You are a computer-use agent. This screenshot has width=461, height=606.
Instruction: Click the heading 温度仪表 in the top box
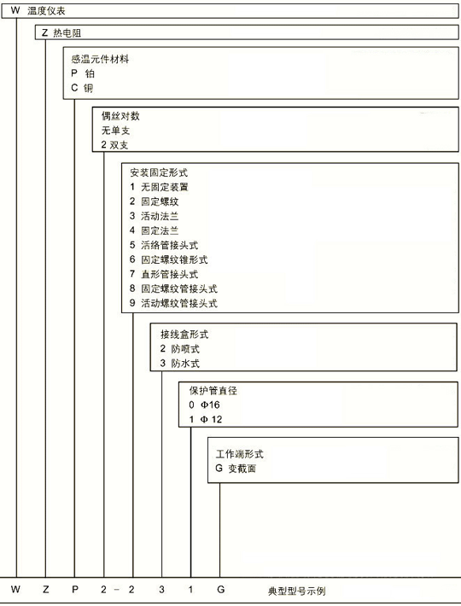46,11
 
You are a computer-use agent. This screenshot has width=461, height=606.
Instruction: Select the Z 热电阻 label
61,32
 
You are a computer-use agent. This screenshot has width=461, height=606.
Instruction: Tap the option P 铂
83,73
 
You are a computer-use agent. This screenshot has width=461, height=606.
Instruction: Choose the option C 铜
82,88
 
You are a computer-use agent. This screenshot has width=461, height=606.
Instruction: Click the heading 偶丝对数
120,116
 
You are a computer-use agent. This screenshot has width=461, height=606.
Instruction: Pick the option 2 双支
114,145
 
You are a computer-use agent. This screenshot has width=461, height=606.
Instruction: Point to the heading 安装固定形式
159,172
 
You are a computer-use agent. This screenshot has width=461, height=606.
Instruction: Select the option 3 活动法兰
155,216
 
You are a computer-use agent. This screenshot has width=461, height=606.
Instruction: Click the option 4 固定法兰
155,230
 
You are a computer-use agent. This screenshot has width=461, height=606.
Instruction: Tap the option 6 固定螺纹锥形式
168,259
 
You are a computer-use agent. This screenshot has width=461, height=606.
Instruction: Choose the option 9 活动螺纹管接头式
173,303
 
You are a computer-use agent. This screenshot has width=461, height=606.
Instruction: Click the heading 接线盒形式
184,334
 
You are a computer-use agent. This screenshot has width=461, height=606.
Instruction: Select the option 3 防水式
179,364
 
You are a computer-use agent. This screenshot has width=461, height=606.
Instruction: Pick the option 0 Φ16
204,405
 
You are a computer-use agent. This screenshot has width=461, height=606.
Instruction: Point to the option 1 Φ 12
206,419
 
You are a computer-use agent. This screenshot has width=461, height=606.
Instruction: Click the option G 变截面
236,469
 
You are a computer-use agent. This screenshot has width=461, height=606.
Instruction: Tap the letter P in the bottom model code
75,590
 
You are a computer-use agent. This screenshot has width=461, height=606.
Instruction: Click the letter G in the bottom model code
220,590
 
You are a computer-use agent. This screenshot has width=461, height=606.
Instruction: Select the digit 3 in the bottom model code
161,590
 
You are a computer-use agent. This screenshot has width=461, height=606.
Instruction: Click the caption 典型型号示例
297,591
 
